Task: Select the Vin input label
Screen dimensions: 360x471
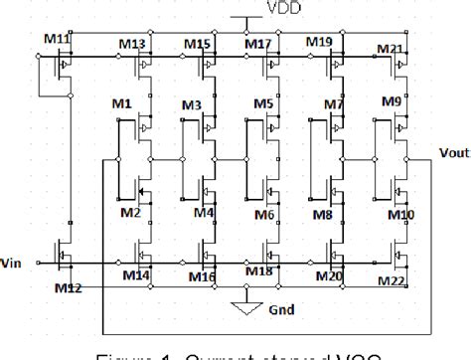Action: [x=13, y=265]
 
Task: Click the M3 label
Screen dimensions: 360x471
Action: [x=192, y=104]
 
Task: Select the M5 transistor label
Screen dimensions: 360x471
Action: [x=262, y=104]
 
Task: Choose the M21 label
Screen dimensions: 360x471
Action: [x=391, y=49]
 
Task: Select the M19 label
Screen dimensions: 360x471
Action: [x=319, y=42]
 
